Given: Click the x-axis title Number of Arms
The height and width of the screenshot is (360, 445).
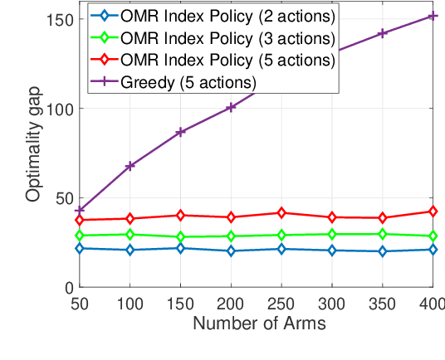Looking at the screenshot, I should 259,324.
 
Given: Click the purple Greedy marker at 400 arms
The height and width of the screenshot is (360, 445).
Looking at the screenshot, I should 433,16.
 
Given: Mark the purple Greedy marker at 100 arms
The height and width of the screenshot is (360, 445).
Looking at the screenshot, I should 130,166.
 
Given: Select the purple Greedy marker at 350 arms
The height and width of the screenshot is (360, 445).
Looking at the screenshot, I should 382,33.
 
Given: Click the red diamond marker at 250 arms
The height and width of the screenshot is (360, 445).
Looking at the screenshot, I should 281,213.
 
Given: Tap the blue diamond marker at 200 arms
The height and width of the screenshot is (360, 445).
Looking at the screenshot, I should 231,251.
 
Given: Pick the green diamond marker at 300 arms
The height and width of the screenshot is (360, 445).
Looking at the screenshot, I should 332,234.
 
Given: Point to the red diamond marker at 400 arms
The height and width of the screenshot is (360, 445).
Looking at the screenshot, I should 433,212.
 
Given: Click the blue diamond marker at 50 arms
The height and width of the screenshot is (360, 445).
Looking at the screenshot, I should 80,248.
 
